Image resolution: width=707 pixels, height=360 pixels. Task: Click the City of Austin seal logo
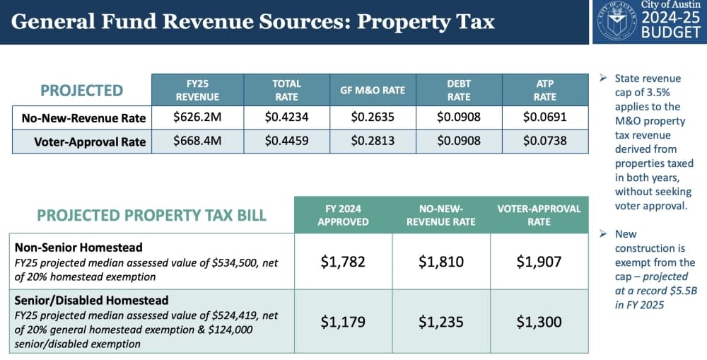point(617,21)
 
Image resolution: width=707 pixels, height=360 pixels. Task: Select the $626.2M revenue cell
point(197,117)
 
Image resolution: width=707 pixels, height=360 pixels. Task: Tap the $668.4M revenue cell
point(197,141)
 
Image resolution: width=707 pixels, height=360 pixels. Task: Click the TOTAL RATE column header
point(287,91)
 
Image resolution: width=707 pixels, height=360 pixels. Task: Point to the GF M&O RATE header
point(373,91)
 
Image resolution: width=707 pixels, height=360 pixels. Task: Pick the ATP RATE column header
point(545,91)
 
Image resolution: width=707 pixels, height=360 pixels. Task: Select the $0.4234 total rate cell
point(287,117)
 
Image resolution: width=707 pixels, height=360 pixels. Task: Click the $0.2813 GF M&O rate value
point(373,141)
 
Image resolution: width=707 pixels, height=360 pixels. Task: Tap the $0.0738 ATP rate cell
point(545,141)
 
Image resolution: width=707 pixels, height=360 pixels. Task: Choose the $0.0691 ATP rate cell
point(545,117)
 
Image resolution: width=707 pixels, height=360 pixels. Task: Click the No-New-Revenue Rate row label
point(84,118)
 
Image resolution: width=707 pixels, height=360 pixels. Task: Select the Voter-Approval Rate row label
point(90,142)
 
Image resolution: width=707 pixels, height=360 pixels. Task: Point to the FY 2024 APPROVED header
point(343,215)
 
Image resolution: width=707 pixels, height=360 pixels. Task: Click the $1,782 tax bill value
point(343,262)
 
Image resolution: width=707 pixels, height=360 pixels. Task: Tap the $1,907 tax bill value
point(539,262)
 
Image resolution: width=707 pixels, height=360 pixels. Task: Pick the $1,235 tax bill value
point(441,322)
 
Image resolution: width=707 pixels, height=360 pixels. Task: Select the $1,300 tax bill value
point(539,322)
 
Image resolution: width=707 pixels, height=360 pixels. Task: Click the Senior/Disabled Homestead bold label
point(91,301)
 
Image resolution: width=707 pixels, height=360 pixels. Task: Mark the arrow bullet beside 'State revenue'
point(603,79)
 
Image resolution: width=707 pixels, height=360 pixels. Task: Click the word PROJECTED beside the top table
point(81,91)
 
